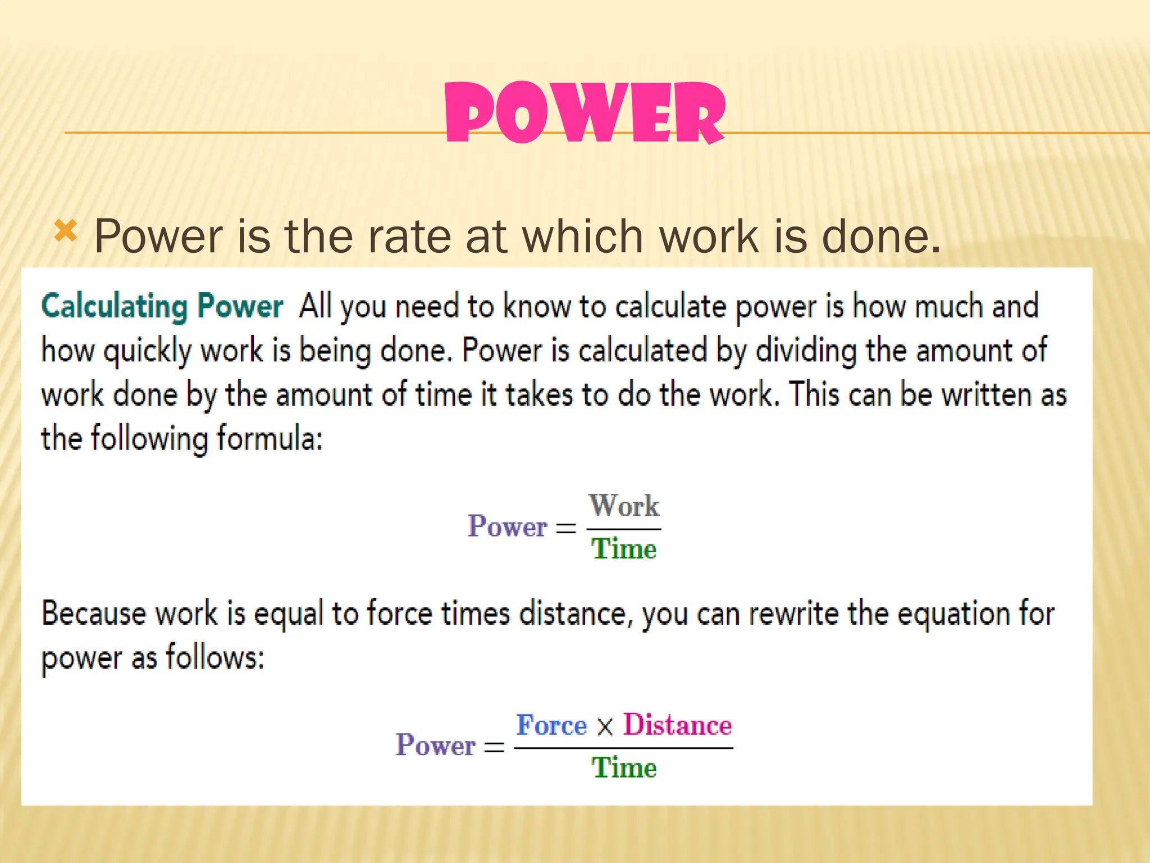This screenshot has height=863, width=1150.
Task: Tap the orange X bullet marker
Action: pyautogui.click(x=66, y=231)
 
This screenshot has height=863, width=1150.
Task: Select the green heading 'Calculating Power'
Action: pyautogui.click(x=162, y=307)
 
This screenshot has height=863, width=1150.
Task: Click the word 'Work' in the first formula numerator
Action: pyautogui.click(x=624, y=505)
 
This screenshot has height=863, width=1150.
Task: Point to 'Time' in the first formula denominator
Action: pyautogui.click(x=624, y=548)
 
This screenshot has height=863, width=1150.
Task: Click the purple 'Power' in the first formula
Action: pyautogui.click(x=507, y=526)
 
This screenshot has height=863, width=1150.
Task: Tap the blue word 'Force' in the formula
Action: pyautogui.click(x=551, y=725)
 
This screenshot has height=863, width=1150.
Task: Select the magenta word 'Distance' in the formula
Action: pyautogui.click(x=678, y=725)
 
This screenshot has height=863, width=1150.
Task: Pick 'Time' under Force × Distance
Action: pyautogui.click(x=624, y=767)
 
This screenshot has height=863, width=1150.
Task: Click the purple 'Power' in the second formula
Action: pyautogui.click(x=435, y=746)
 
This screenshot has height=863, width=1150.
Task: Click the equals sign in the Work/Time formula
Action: pyautogui.click(x=566, y=528)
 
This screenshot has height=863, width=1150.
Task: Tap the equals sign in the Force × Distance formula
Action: pyautogui.click(x=494, y=747)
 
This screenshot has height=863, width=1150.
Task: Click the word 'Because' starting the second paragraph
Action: pyautogui.click(x=94, y=614)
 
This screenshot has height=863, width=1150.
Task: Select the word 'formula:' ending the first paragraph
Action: pyautogui.click(x=270, y=438)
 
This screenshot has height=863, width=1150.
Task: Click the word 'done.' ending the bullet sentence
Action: pyautogui.click(x=880, y=237)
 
